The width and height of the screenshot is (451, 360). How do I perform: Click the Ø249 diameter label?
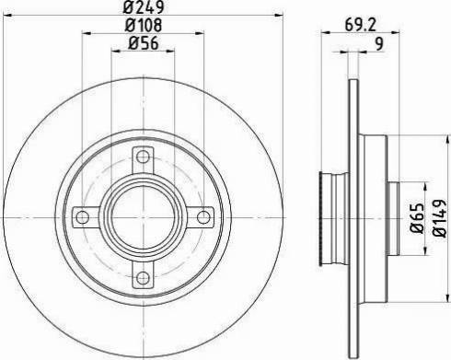click(143, 10)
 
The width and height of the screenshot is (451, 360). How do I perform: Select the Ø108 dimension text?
click(143, 27)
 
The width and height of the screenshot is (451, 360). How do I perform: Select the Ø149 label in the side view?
click(441, 217)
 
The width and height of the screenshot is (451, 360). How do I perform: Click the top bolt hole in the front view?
click(143, 155)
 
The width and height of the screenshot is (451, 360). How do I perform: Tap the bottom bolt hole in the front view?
click(143, 277)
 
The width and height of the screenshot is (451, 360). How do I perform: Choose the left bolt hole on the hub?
click(82, 216)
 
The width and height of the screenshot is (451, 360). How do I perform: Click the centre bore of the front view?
click(143, 216)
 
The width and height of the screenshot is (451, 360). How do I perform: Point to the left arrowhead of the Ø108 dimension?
click(85, 35)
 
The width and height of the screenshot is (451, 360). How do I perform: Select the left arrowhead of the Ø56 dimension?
click(114, 52)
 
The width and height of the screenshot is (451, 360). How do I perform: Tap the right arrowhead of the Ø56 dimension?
click(172, 52)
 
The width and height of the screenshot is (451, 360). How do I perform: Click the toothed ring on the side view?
click(323, 216)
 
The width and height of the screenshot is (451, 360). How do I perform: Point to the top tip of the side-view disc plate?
click(353, 81)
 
